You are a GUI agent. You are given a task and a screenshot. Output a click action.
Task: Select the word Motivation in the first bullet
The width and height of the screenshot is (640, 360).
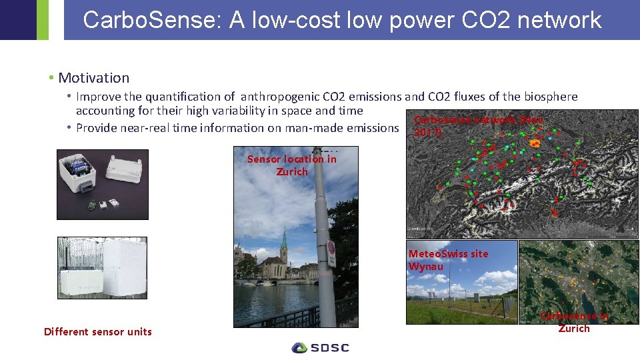(x=93, y=78)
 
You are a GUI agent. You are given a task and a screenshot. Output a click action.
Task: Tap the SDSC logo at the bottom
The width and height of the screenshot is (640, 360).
(x=321, y=347)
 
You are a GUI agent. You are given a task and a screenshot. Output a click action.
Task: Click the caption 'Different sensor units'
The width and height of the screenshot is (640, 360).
(x=98, y=332)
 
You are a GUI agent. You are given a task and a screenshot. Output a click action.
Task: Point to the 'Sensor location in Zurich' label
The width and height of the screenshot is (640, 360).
(x=292, y=165)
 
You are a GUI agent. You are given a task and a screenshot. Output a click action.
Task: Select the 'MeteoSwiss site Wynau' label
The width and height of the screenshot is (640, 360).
(x=447, y=260)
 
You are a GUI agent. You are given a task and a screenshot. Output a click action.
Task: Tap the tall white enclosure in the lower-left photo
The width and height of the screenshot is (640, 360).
(x=123, y=266)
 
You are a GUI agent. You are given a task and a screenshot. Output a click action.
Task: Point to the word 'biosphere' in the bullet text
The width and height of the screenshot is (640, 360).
(x=550, y=97)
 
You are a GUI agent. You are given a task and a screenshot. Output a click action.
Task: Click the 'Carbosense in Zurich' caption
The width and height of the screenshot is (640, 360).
(x=573, y=322)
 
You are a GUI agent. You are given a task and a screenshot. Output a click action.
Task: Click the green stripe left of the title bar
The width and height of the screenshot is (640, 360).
(x=43, y=20)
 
